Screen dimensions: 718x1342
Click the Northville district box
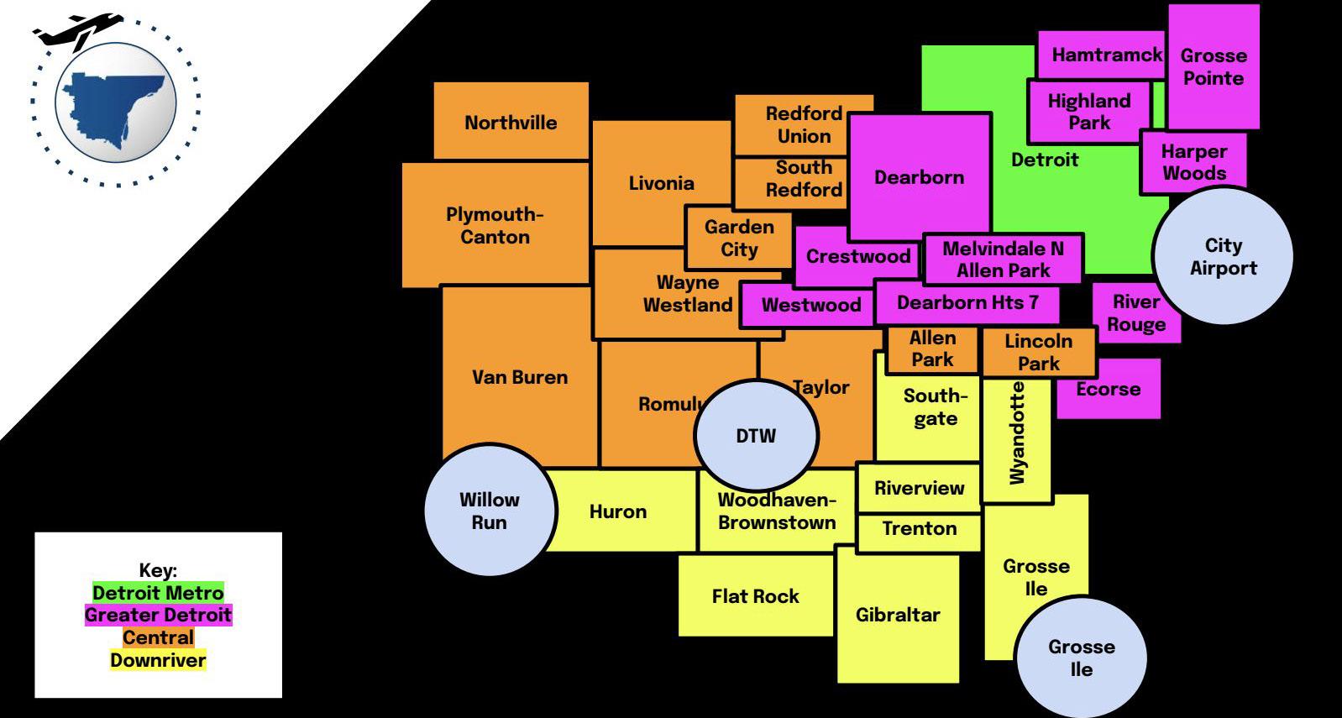pos(511,121)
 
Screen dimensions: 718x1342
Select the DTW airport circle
pos(756,435)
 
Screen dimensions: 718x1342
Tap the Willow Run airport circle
pos(490,510)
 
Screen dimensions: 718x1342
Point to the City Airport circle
pos(1223,255)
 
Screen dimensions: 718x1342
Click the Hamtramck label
pos(1106,55)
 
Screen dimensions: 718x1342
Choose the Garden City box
pos(739,238)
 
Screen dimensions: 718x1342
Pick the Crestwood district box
pos(857,256)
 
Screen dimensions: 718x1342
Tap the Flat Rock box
pos(755,595)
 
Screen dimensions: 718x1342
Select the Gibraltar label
pos(897,614)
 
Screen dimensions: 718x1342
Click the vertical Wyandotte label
pos(1017,433)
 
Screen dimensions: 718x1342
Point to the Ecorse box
pos(1108,389)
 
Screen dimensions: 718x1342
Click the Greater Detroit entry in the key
pos(158,615)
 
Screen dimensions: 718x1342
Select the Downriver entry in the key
pos(158,660)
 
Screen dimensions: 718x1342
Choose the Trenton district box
pos(919,529)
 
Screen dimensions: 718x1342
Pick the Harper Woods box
pos(1193,162)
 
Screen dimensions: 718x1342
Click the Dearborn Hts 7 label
pos(967,302)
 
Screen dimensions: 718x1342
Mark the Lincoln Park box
pos(1038,352)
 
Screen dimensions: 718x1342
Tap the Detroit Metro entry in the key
pos(158,593)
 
